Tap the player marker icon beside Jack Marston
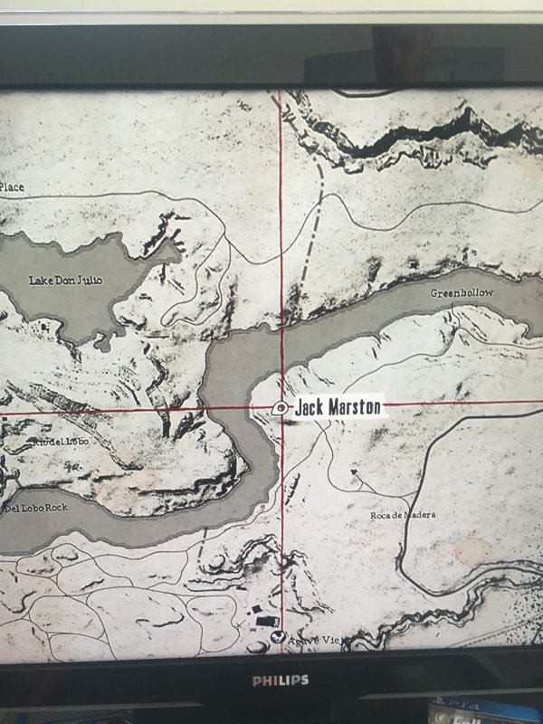(281, 408)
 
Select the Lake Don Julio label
(66, 281)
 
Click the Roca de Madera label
(403, 515)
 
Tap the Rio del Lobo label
(61, 442)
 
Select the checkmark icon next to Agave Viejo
(281, 637)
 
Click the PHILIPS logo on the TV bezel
(280, 680)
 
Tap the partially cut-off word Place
(12, 186)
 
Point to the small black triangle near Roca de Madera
(355, 472)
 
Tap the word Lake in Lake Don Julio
(41, 281)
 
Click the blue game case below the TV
(490, 710)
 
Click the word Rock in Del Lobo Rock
(55, 508)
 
